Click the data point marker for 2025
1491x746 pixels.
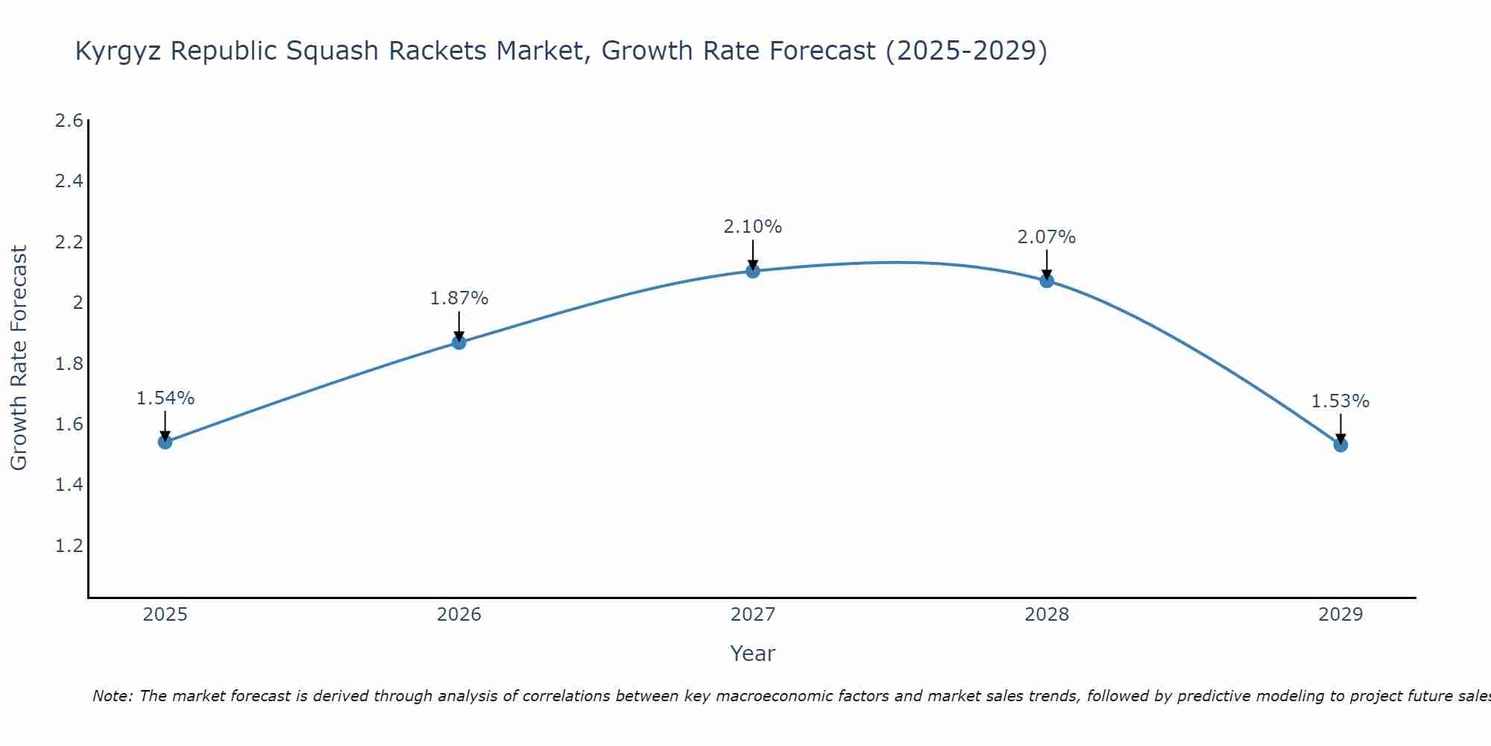(x=165, y=442)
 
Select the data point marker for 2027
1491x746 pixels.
(x=753, y=271)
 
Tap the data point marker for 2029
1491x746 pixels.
(x=1340, y=445)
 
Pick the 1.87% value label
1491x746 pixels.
(x=459, y=298)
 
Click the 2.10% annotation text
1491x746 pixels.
(x=753, y=227)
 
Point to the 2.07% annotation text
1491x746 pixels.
(x=1047, y=237)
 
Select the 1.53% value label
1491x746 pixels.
(x=1340, y=401)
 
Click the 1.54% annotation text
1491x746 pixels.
(x=165, y=398)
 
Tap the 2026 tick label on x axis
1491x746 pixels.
(x=459, y=615)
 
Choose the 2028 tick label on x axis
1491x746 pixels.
(x=1047, y=615)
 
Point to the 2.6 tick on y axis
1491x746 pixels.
(x=69, y=121)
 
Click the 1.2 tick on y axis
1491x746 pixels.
(x=69, y=545)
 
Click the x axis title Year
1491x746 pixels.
(x=753, y=653)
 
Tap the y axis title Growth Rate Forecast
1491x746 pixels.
(x=19, y=358)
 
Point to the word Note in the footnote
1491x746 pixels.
(x=112, y=696)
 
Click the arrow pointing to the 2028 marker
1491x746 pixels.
(x=1047, y=265)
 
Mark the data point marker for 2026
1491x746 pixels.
(x=459, y=342)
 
